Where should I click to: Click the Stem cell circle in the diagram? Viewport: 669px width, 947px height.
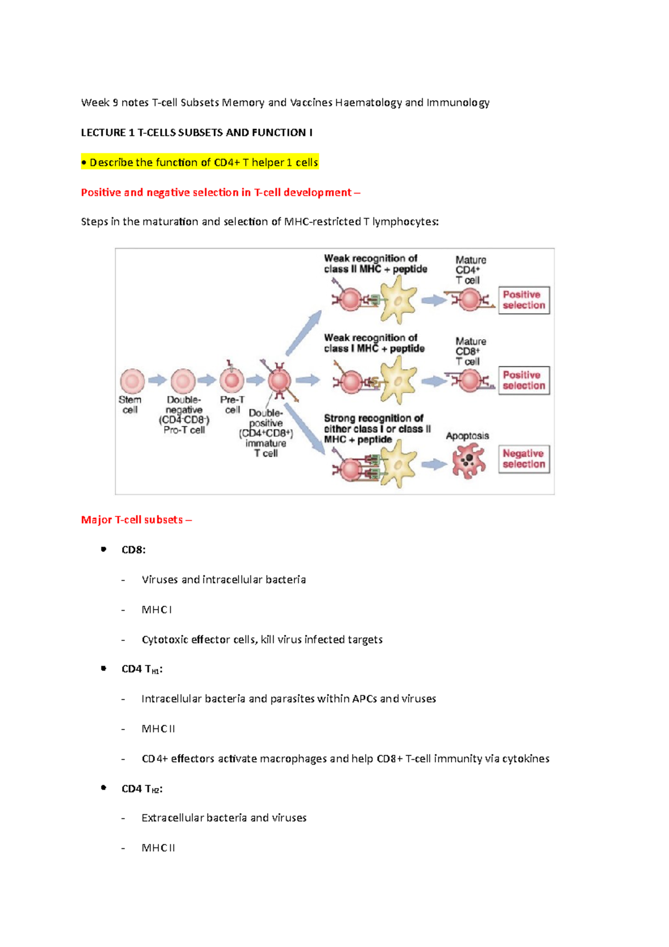(132, 381)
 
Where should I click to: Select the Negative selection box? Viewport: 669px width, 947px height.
(523, 459)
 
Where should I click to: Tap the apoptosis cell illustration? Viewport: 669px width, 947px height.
(468, 460)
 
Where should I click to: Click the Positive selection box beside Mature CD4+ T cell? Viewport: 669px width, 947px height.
(523, 300)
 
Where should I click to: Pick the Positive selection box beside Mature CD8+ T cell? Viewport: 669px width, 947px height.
(523, 380)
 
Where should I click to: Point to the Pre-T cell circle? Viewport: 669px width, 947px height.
(232, 381)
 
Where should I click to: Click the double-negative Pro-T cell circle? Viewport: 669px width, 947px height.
(183, 381)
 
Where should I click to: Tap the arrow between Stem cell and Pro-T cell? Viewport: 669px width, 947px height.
(157, 380)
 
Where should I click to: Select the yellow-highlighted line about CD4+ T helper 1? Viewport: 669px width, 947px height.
(200, 162)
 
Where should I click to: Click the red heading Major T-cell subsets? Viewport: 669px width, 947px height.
(136, 520)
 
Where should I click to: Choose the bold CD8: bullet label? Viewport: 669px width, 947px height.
(133, 550)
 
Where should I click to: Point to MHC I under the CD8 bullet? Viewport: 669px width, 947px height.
(157, 610)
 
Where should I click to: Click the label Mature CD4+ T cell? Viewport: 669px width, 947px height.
(471, 270)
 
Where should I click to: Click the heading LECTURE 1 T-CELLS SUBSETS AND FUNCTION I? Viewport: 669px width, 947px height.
(196, 133)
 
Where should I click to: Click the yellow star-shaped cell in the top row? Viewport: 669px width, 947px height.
(398, 300)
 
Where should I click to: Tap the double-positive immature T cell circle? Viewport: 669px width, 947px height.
(279, 381)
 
